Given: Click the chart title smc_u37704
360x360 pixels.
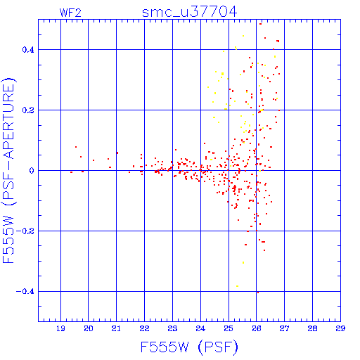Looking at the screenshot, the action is tap(189, 12).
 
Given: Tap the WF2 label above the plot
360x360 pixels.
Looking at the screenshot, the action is tap(70, 13).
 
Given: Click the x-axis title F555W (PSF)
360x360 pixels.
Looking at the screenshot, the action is tap(189, 347).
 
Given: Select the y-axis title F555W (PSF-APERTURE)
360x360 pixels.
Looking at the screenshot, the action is tap(8, 171).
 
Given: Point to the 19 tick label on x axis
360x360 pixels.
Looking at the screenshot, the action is tap(60, 328).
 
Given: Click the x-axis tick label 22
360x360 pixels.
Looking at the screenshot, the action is tap(144, 328).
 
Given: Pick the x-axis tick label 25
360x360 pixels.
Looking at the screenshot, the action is tap(229, 328).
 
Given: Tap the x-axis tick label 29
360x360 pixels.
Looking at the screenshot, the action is tap(340, 328).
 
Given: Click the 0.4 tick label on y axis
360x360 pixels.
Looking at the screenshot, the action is tap(28, 50).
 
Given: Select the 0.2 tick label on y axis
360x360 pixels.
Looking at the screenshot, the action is tap(28, 110).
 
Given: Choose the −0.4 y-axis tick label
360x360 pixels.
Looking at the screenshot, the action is tap(25, 292).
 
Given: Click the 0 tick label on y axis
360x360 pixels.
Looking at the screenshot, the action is tap(32, 171).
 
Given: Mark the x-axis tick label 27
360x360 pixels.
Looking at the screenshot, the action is tap(284, 328).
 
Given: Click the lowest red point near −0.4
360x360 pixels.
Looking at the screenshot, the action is tap(258, 292).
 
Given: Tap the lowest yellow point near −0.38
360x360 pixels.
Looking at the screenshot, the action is tap(237, 286).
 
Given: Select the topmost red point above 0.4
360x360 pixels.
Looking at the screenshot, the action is tap(260, 24).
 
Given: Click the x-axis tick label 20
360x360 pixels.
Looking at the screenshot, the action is tap(89, 328).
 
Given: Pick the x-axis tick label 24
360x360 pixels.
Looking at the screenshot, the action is tap(200, 328).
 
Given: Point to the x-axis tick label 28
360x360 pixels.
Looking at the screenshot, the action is tap(312, 328).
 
